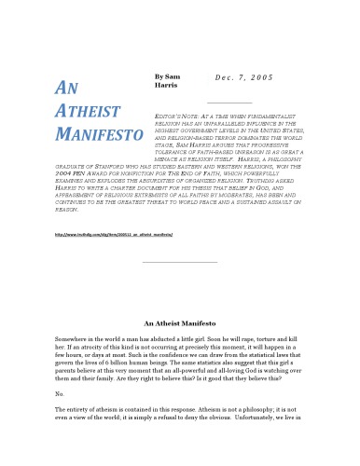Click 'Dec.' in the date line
point(213,79)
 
